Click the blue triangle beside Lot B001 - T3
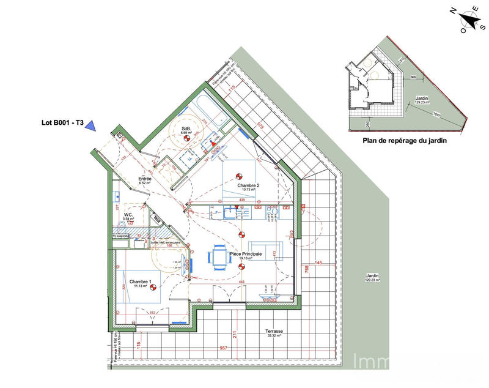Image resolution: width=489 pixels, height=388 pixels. pyautogui.click(x=90, y=125)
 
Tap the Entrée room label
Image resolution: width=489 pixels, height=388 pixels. pyautogui.click(x=145, y=179)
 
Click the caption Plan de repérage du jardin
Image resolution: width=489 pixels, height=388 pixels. pyautogui.click(x=405, y=140)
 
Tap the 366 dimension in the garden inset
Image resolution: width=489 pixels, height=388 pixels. pyautogui.click(x=413, y=78)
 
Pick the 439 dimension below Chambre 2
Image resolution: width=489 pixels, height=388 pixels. pyautogui.click(x=241, y=201)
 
